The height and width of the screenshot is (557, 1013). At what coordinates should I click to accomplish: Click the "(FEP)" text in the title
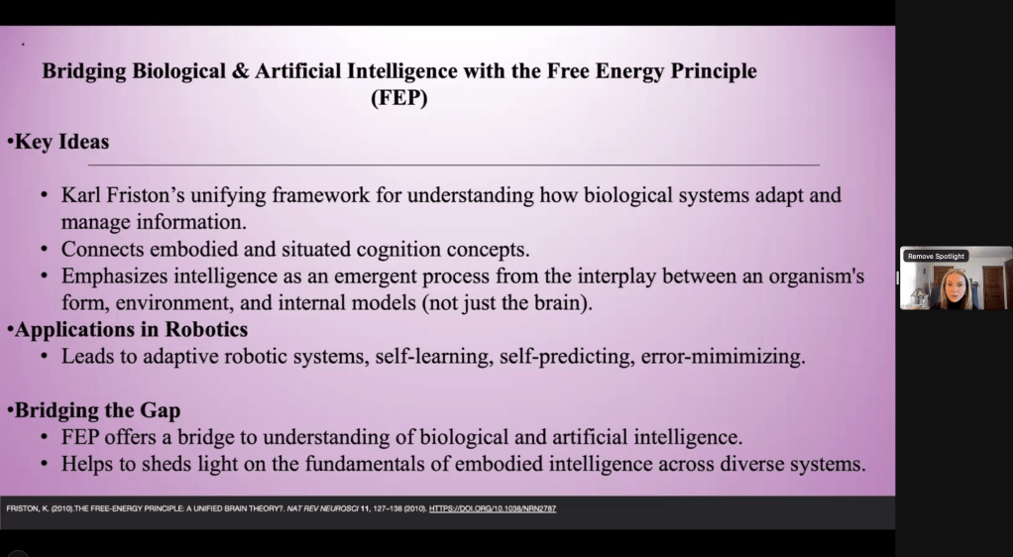click(399, 97)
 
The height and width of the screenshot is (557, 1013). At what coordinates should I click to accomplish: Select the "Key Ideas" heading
click(61, 142)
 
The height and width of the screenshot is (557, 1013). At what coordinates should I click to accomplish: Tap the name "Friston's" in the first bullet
click(144, 194)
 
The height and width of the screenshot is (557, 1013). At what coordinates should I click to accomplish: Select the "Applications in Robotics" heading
click(131, 329)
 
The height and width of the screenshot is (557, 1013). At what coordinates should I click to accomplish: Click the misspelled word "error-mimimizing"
click(723, 357)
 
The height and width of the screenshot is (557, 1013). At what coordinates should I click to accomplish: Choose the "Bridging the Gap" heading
click(97, 410)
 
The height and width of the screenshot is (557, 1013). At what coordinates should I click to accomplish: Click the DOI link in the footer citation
click(493, 508)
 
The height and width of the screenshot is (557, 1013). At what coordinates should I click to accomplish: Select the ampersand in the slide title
click(240, 70)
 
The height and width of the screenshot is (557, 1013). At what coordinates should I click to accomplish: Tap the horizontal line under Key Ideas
click(454, 166)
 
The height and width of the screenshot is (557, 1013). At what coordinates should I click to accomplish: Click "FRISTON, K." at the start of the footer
click(27, 508)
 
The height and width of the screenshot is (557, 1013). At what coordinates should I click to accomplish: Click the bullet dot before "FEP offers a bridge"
click(44, 437)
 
